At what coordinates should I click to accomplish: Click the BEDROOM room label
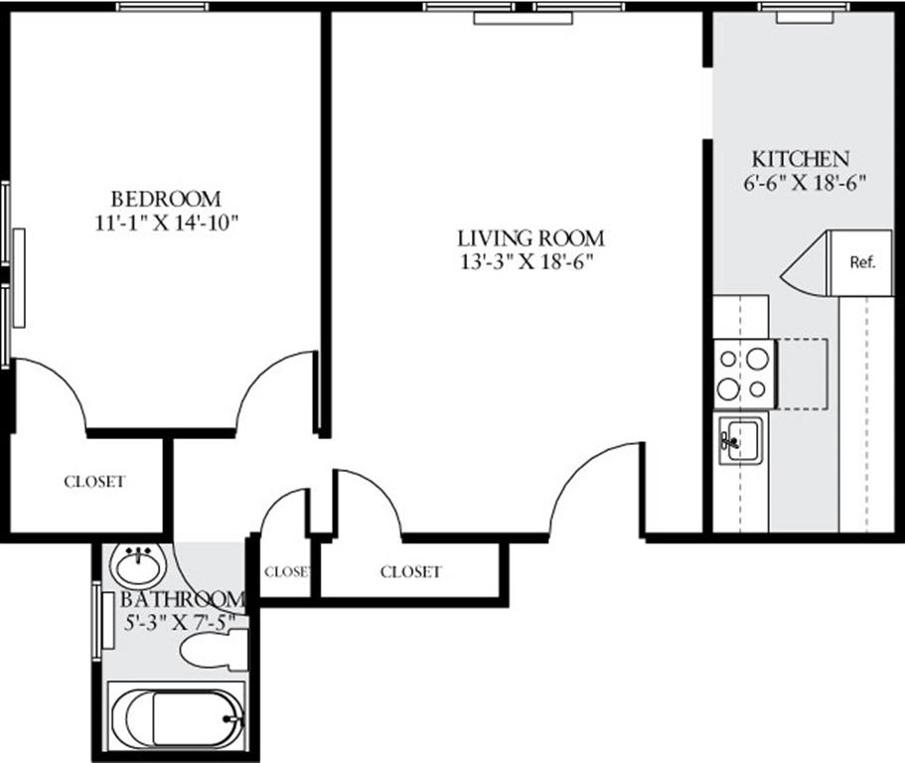(x=165, y=199)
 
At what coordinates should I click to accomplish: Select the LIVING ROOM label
(x=530, y=238)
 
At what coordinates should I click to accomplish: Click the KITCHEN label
(x=800, y=159)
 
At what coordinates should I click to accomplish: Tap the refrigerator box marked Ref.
(x=861, y=263)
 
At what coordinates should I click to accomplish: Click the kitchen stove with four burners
(x=744, y=374)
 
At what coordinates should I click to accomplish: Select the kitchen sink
(x=740, y=439)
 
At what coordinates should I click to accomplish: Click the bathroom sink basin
(x=136, y=566)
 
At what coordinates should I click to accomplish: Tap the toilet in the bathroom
(x=212, y=652)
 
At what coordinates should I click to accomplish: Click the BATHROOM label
(x=182, y=600)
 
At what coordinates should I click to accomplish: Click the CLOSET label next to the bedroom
(x=94, y=482)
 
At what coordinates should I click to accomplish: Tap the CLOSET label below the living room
(x=410, y=572)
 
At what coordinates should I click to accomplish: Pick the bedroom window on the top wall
(x=163, y=7)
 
